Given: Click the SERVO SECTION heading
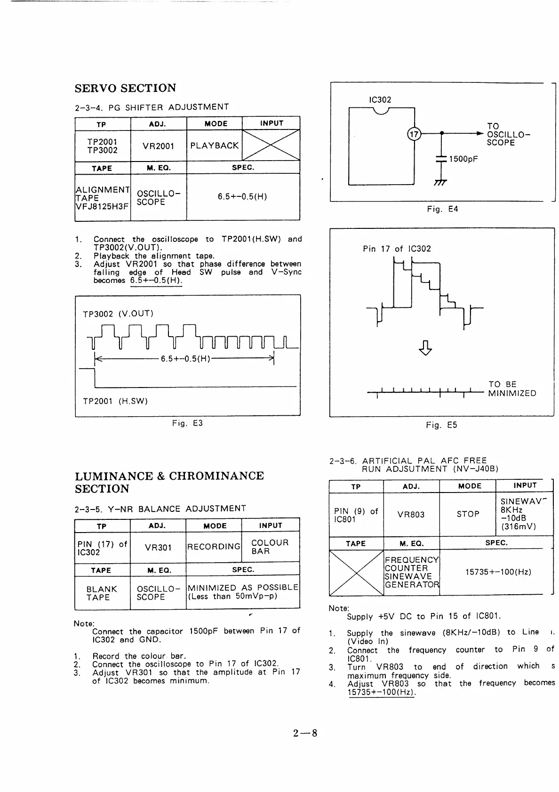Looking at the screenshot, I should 125,88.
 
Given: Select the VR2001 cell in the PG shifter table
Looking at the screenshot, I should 159,146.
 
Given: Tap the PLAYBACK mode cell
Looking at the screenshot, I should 214,145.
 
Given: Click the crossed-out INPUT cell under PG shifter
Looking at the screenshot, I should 271,145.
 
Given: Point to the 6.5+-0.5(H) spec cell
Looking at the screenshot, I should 242,197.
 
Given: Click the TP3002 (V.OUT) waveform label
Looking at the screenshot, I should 118,314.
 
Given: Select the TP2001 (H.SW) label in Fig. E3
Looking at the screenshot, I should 115,401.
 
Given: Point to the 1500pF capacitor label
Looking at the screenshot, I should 463,159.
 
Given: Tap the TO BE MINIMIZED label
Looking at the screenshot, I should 511,389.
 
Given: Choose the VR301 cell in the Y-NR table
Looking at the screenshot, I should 158,548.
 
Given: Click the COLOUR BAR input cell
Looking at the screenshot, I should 270,547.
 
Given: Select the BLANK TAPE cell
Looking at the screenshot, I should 102,593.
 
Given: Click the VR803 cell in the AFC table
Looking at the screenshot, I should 411,515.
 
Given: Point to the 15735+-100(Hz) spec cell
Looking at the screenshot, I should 498,572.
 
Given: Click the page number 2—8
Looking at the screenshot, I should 305,733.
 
